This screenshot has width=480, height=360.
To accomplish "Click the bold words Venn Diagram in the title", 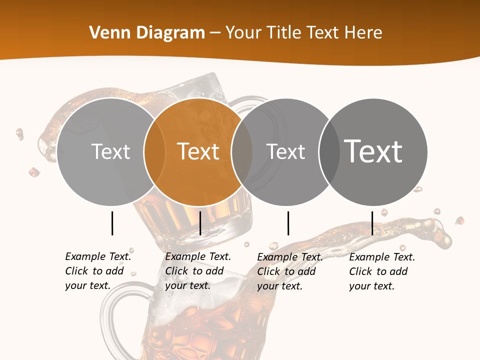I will [x=147, y=33].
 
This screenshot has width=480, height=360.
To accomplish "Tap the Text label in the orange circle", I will [x=198, y=151].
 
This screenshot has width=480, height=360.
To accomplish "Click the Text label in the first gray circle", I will [x=111, y=151].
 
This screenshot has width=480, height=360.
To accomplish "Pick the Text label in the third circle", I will [x=286, y=151].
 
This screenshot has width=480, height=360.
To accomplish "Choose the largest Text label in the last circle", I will [x=373, y=151].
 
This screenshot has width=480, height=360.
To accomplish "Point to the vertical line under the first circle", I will [x=112, y=223].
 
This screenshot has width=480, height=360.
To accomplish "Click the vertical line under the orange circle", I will [x=200, y=223].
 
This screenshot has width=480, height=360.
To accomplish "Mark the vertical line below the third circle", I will [x=288, y=223].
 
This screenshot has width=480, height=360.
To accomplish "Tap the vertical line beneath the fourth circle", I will [x=372, y=223].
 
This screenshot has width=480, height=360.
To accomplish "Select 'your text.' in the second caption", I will [x=187, y=285].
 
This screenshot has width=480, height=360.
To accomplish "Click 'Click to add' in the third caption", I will [x=286, y=271].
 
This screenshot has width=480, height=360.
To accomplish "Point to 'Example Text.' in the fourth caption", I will [x=382, y=257].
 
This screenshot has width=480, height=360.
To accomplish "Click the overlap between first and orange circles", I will [x=155, y=152].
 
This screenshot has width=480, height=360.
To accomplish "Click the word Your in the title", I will [x=243, y=33].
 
